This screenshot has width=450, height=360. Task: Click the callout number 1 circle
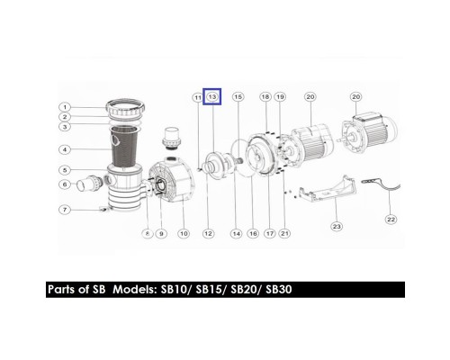66,107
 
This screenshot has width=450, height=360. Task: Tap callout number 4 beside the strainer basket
66,150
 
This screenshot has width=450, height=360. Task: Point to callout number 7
66,210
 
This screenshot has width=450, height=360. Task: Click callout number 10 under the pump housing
184,234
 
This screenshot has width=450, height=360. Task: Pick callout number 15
238,96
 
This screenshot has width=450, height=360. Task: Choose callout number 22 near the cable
391,219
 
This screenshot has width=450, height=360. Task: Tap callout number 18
265,96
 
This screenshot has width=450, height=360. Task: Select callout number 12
208,234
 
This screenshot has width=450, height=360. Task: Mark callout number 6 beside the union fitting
66,185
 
